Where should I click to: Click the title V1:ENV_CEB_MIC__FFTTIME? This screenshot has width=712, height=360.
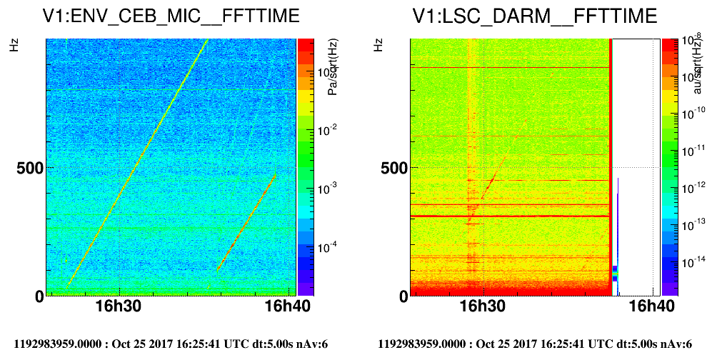[170, 16]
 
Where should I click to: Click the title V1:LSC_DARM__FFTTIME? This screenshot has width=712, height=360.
[533, 16]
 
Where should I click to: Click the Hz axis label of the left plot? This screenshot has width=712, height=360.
[14, 45]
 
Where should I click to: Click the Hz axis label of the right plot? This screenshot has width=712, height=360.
[378, 45]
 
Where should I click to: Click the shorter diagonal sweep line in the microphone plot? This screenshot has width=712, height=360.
[246, 222]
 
